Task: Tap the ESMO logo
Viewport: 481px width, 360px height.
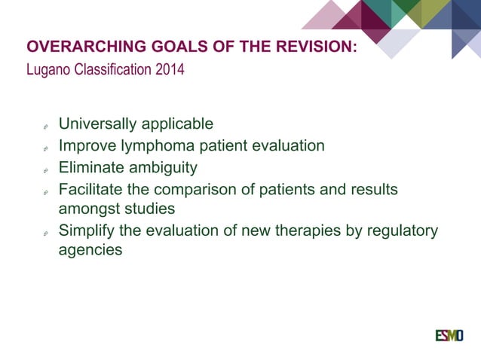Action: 449,335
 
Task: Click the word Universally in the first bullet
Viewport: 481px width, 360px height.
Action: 97,124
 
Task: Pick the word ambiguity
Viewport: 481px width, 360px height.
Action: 161,167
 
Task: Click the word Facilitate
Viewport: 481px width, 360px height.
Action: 92,189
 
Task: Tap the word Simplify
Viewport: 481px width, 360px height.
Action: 87,230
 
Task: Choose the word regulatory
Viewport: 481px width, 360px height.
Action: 401,230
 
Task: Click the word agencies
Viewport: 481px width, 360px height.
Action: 90,250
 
